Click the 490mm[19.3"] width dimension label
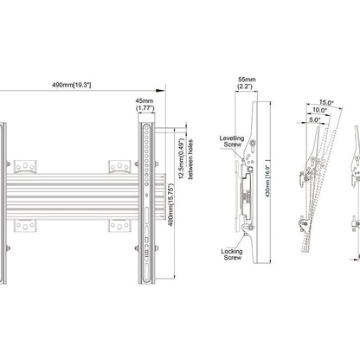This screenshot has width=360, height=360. click(72, 85)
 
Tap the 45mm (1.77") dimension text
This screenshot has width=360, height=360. click(145, 105)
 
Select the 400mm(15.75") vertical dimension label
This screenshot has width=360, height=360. click(171, 205)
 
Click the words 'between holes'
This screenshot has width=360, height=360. click(190, 159)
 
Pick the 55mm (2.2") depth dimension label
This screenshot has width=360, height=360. click(246, 83)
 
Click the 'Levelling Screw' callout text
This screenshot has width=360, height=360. click(232, 141)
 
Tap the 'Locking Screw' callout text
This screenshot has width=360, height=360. click(232, 254)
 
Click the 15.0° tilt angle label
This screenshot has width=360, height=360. click(326, 102)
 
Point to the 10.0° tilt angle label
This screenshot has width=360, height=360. click(319, 110)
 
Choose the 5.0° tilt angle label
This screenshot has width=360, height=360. click(314, 119)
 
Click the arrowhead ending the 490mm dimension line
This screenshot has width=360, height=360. click(160, 91)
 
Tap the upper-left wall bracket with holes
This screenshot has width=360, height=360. click(25, 166)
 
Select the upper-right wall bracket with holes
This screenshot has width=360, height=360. click(119, 166)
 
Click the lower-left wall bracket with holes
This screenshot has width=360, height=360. click(25, 225)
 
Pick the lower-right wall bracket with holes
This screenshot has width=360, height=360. click(119, 225)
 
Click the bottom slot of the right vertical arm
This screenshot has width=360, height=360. click(146, 273)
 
